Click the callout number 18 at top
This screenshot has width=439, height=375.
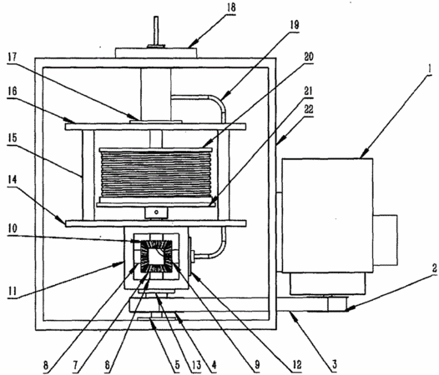[x=231, y=7]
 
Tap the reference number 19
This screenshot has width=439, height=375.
[x=295, y=25]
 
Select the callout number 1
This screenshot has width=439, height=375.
[x=429, y=69]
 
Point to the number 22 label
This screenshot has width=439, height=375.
[x=309, y=109]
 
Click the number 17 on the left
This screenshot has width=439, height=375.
[x=13, y=57]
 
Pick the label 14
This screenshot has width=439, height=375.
[x=13, y=179]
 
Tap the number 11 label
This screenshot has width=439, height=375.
[x=13, y=292]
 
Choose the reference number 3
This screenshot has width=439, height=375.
[x=334, y=364]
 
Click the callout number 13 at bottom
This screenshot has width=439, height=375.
[x=196, y=365]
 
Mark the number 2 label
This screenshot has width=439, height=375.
[x=434, y=268]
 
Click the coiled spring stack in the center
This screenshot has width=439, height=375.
[x=156, y=174]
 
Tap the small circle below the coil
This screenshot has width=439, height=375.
[x=156, y=212]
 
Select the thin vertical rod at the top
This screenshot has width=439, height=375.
[x=156, y=31]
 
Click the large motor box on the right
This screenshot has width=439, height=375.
[x=327, y=215]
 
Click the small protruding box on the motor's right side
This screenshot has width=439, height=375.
[x=386, y=240]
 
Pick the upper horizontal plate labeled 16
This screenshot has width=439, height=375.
[x=156, y=127]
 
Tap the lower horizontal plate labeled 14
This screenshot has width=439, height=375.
[x=156, y=223]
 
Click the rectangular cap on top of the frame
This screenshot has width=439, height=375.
[x=156, y=53]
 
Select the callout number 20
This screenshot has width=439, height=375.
[x=309, y=57]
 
